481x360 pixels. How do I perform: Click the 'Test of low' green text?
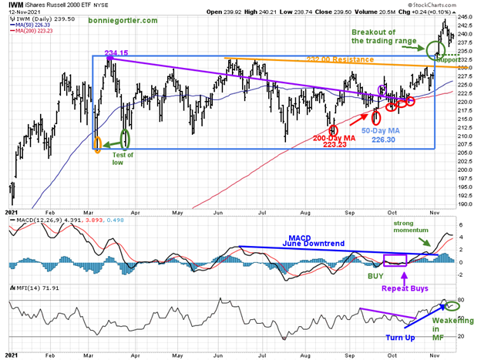coord(123,158)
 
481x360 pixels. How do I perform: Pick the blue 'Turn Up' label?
coord(402,337)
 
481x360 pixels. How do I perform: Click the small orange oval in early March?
coord(97,143)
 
